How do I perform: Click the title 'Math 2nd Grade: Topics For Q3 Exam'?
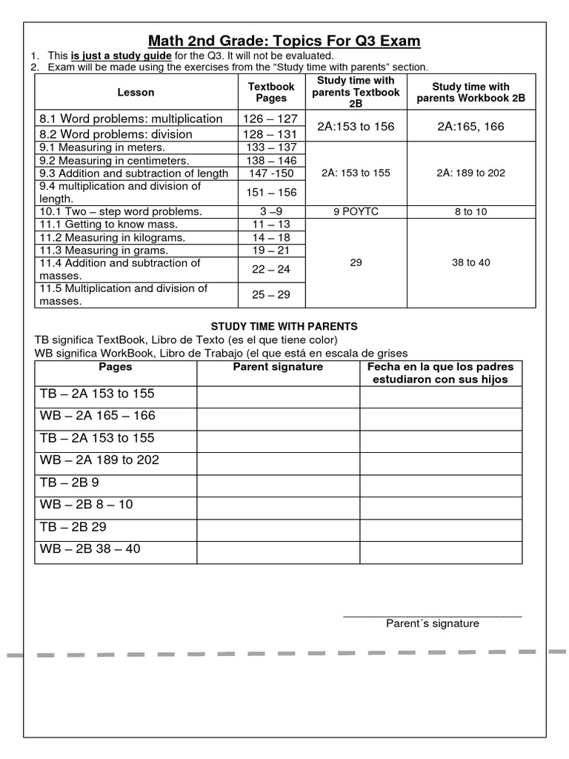(x=284, y=40)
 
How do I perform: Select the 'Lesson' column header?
(x=136, y=93)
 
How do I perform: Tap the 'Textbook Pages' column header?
(x=271, y=93)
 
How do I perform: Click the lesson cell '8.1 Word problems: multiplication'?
(x=131, y=119)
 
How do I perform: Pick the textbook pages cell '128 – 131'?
(x=271, y=134)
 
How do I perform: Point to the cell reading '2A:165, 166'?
(x=470, y=127)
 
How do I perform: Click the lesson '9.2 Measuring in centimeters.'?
(x=115, y=160)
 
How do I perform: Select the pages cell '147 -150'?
(x=271, y=173)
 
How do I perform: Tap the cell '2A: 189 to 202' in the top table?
(x=470, y=173)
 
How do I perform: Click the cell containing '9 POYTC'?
(x=356, y=212)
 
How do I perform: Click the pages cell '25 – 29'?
(x=271, y=295)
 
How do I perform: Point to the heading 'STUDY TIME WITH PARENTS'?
(x=284, y=326)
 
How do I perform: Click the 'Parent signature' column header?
(x=278, y=367)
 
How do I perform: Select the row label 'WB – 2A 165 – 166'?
(x=98, y=416)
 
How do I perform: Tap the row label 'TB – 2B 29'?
(x=81, y=527)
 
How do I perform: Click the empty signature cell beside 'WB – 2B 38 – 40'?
(x=278, y=550)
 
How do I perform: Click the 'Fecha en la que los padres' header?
(x=441, y=368)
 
